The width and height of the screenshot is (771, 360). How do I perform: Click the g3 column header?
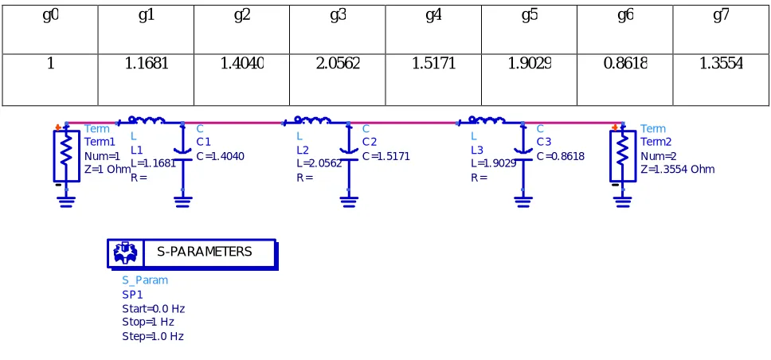338,29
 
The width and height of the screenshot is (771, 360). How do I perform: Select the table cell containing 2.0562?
338,80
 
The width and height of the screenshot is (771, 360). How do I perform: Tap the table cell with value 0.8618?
625,80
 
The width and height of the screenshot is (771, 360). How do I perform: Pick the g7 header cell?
721,29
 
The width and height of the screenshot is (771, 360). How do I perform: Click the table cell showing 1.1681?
146,80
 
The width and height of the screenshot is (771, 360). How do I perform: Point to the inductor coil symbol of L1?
147,120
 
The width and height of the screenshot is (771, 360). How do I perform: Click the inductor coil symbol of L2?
313,120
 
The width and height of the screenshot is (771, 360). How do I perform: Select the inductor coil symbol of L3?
487,120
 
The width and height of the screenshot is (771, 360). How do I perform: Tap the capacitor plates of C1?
183,155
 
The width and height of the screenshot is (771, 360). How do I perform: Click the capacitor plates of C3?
522,155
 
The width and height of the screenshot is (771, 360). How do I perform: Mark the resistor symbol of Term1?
66,156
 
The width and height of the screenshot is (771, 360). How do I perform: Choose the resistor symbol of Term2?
623,156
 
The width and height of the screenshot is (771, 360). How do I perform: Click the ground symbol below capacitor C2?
349,202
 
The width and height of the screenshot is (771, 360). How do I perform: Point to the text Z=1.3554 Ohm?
678,170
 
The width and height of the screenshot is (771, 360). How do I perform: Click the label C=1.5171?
386,157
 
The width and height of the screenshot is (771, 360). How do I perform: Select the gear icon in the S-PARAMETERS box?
126,253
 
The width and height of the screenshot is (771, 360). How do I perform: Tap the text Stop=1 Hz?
148,322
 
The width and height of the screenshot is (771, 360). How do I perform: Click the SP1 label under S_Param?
132,295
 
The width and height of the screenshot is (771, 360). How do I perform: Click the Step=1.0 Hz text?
153,337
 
